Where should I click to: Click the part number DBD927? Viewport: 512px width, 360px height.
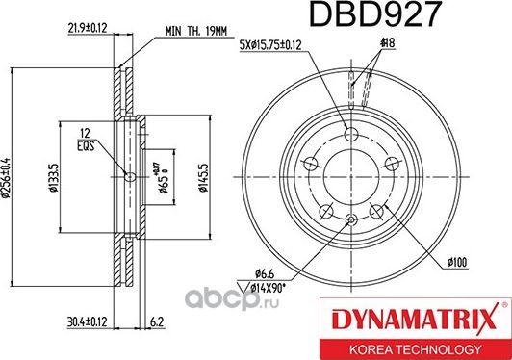point(361,15)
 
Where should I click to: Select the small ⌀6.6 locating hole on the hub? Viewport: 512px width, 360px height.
point(351,220)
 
